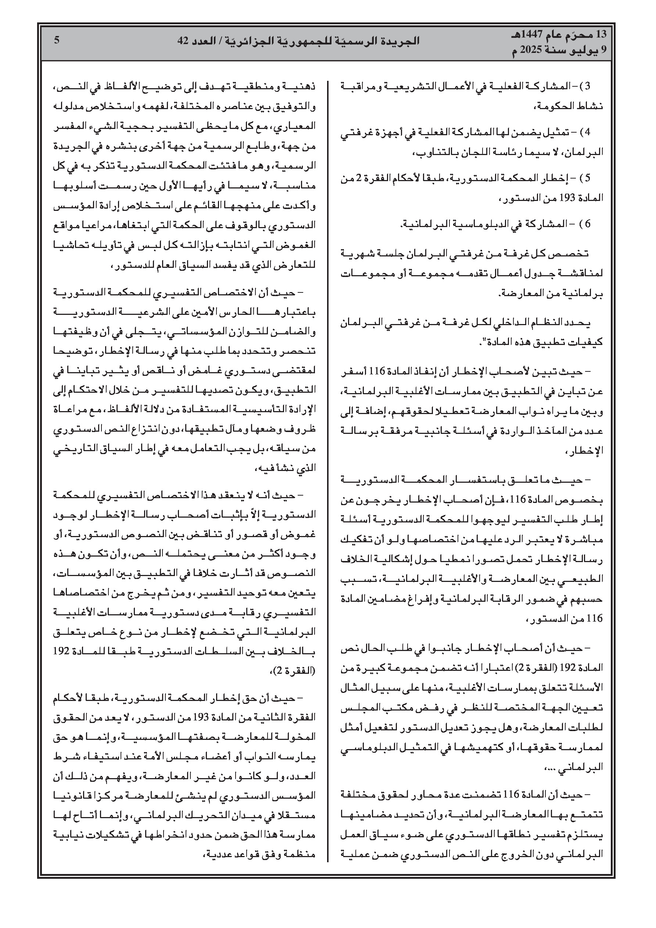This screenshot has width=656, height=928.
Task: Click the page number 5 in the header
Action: pos(57,40)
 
